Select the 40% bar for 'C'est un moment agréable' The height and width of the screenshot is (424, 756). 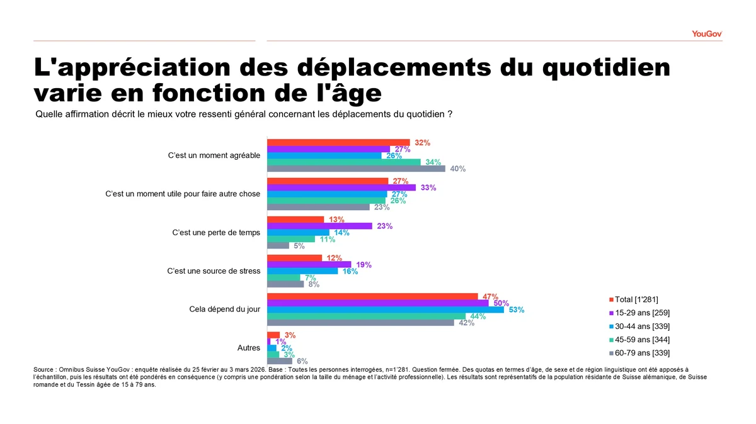(356, 169)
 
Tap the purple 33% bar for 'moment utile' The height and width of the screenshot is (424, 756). (341, 187)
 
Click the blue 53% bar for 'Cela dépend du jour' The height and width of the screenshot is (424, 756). (386, 310)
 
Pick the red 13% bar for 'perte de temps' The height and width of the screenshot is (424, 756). (295, 220)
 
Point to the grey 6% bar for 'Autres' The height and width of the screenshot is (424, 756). (280, 361)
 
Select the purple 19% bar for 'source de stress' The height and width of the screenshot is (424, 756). (309, 265)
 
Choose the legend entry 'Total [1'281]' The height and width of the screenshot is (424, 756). (636, 299)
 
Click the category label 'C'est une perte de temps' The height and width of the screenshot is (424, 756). (215, 233)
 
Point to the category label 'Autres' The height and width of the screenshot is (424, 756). (248, 348)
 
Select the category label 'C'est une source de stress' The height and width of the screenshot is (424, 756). (213, 271)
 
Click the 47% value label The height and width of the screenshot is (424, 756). (490, 297)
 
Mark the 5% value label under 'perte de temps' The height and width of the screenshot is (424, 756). (299, 246)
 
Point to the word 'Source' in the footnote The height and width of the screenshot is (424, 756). (44, 369)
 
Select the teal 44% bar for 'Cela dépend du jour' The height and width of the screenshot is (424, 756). (366, 316)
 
